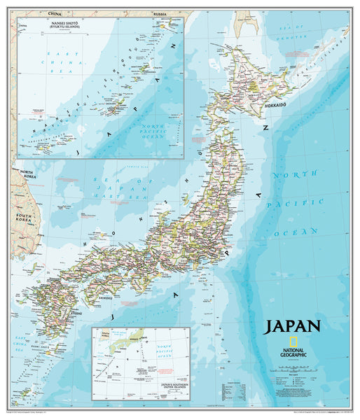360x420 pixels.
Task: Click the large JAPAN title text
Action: pyautogui.click(x=292, y=325)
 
